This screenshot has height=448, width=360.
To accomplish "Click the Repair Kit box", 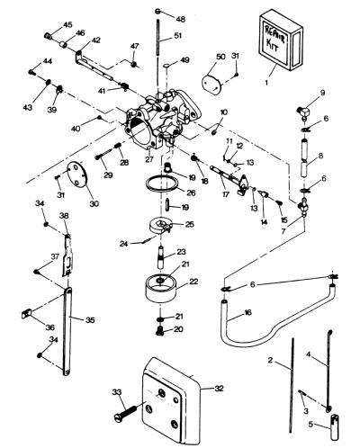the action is (280, 40).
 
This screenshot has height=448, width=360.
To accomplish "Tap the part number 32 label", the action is (220, 389).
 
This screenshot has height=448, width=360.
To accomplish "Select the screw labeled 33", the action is (127, 412).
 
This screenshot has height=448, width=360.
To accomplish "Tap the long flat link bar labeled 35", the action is (67, 331).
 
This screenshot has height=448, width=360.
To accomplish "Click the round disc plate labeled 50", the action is (211, 81).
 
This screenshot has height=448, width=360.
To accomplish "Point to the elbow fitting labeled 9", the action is (303, 113).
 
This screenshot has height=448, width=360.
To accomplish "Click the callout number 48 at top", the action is (181, 19).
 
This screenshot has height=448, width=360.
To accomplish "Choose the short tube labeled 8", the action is (304, 159).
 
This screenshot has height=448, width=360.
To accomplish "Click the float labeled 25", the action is (160, 227).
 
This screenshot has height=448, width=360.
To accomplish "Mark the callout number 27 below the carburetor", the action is (149, 159).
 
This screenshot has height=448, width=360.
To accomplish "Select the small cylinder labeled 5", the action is (335, 426).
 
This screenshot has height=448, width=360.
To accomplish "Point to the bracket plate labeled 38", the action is (68, 255).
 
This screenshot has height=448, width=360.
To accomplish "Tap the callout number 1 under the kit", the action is (266, 82).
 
